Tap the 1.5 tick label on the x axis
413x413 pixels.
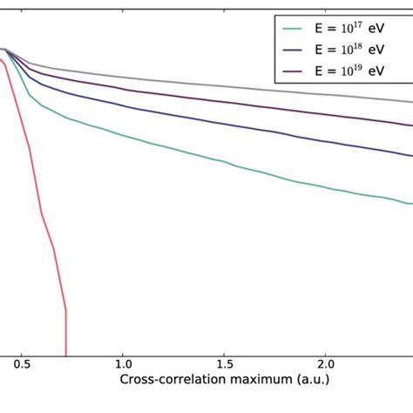click(225, 361)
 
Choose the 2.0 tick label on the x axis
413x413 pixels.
click(326, 361)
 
